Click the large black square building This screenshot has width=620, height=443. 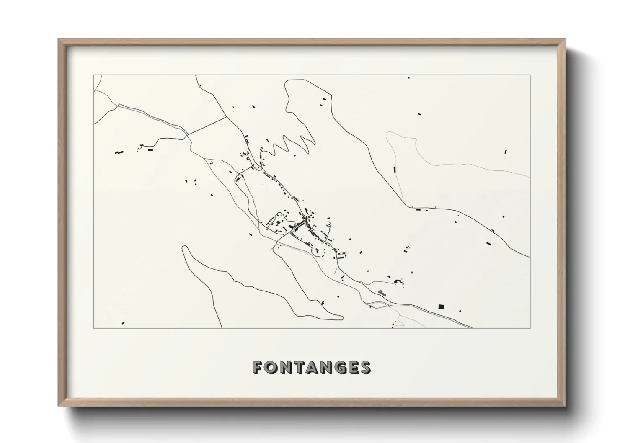coord(440,306)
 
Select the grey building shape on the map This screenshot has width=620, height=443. coord(381,292)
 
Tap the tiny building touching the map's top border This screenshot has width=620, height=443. coord(409,77)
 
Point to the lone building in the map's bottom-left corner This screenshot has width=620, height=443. coord(123,323)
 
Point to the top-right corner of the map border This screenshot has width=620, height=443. coord(530,75)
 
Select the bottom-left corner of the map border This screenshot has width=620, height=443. coord(93,328)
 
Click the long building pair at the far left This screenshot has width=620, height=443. coord(120,152)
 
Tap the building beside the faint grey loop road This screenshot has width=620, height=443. coord(395,169)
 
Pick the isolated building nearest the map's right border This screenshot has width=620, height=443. coord(506,152)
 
